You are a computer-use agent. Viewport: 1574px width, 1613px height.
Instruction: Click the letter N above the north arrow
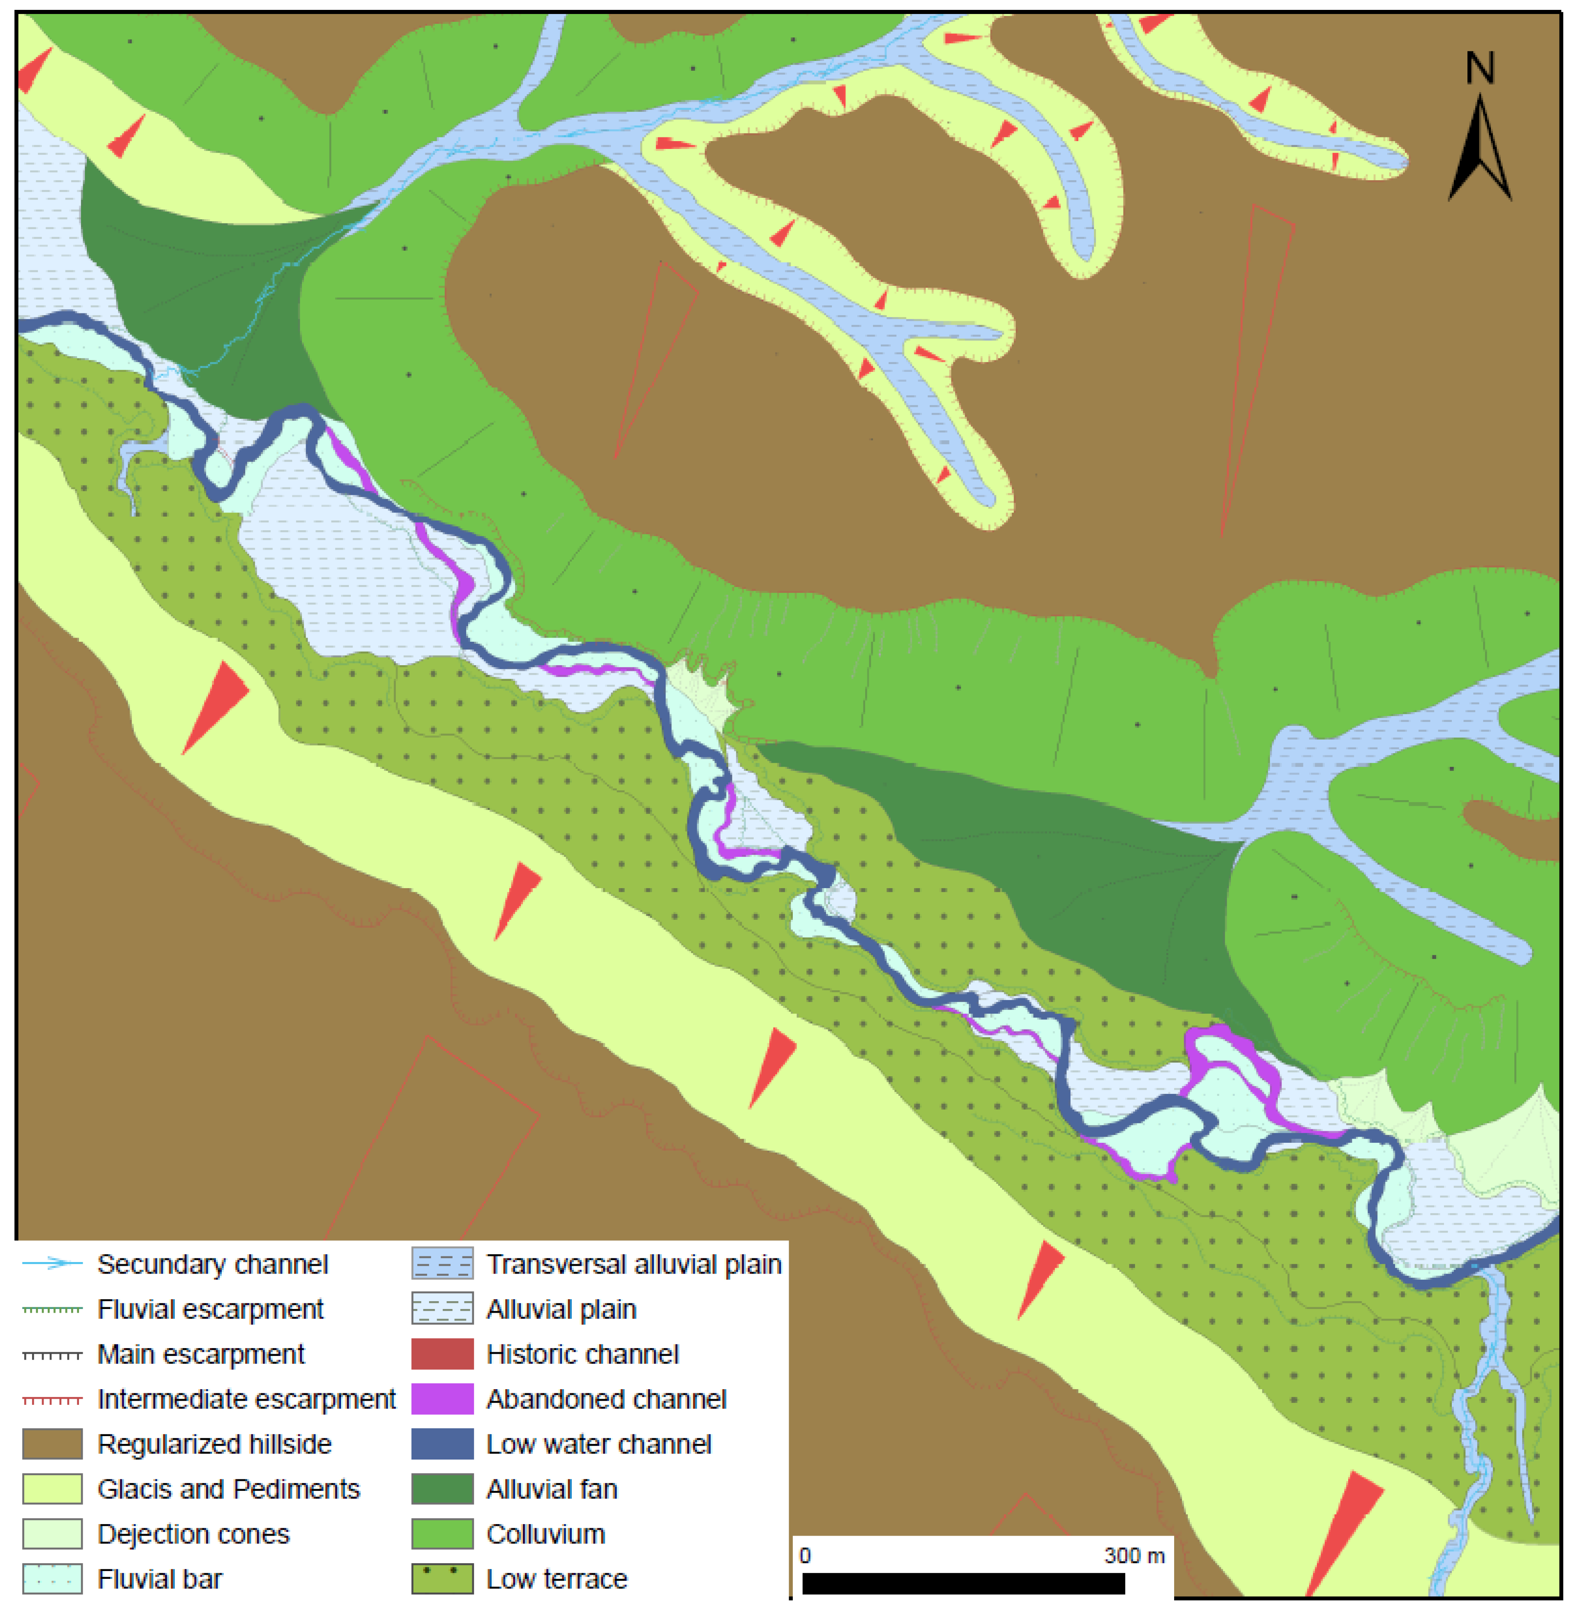pos(1480,68)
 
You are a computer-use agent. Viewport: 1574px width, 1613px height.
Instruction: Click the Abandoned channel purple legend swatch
pos(442,1399)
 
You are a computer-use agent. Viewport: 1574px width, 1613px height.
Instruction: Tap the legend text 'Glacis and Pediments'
pos(228,1489)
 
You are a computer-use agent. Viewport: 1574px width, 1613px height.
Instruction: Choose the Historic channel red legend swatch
pos(442,1354)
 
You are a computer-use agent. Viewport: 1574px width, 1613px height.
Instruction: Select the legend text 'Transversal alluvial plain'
pos(633,1264)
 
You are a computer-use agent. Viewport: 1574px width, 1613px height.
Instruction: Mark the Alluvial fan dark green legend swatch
pos(442,1489)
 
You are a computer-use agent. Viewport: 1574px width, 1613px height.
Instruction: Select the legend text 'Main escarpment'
pos(201,1354)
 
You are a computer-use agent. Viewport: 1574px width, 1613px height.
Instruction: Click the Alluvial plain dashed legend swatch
pos(442,1309)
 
